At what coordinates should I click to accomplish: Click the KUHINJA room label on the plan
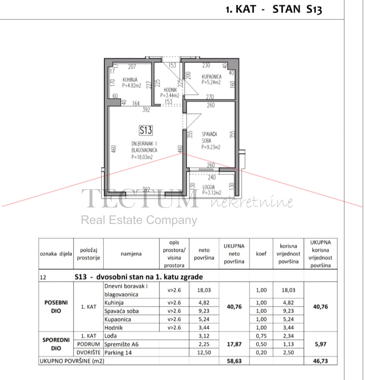pyautogui.click(x=130, y=80)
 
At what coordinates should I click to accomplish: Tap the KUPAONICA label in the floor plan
pyautogui.click(x=211, y=77)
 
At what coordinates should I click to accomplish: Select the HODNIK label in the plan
pyautogui.click(x=170, y=90)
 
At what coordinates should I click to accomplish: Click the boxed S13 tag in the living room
pyautogui.click(x=146, y=130)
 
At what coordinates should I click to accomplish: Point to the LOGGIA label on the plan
pyautogui.click(x=208, y=187)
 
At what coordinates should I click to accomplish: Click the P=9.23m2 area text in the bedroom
pyautogui.click(x=211, y=147)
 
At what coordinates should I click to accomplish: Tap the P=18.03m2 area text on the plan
pyautogui.click(x=142, y=157)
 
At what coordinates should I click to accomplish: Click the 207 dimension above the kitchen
pyautogui.click(x=132, y=67)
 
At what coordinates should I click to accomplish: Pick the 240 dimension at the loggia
pyautogui.click(x=212, y=177)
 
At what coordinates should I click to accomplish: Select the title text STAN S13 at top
pyautogui.click(x=297, y=9)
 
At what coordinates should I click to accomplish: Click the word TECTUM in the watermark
pyautogui.click(x=140, y=199)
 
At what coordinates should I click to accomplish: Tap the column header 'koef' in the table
pyautogui.click(x=261, y=254)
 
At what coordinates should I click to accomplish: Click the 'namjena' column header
pyautogui.click(x=131, y=254)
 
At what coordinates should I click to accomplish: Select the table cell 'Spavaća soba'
pyautogui.click(x=122, y=311)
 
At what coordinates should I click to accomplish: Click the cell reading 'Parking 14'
pyautogui.click(x=118, y=353)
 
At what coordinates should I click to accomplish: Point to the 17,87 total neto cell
pyautogui.click(x=234, y=344)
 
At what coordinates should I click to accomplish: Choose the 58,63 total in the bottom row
pyautogui.click(x=234, y=361)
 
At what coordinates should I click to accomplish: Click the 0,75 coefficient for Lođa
pyautogui.click(x=261, y=336)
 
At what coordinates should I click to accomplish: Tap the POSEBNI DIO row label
pyautogui.click(x=56, y=307)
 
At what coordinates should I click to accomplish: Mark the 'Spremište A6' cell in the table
pyautogui.click(x=122, y=344)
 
